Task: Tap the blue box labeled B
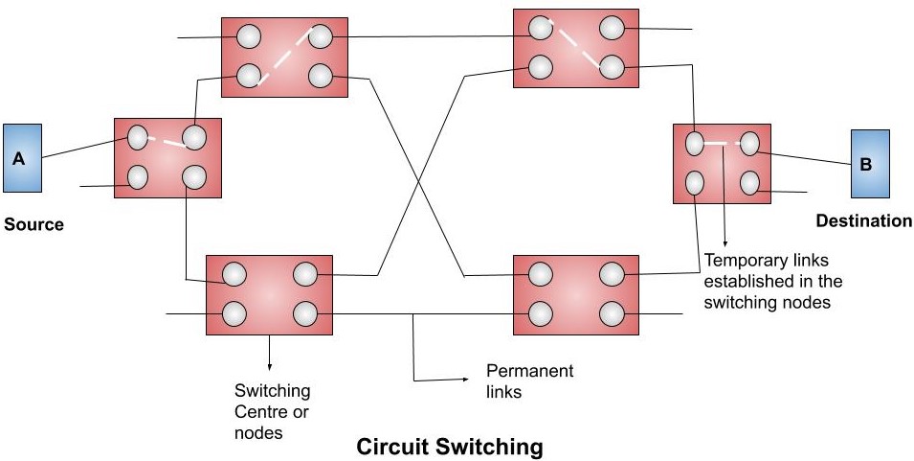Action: pyautogui.click(x=871, y=163)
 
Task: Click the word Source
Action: pyautogui.click(x=33, y=225)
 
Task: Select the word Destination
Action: pyautogui.click(x=863, y=221)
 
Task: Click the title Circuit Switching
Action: pyautogui.click(x=449, y=447)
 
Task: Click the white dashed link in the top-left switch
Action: pyautogui.click(x=284, y=56)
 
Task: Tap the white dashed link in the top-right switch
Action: pyautogui.click(x=571, y=44)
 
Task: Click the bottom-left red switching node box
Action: pyautogui.click(x=269, y=294)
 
